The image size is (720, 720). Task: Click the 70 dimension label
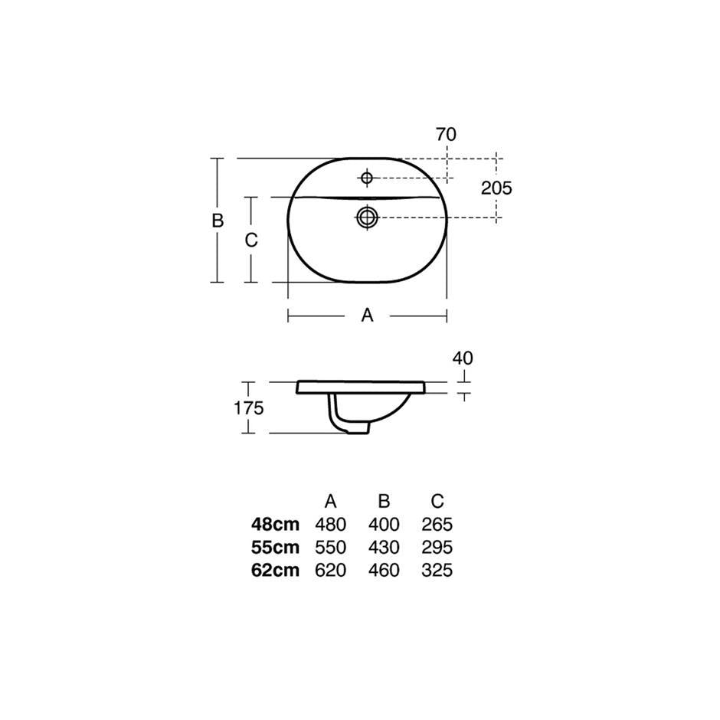point(446,134)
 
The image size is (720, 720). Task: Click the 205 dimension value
point(496,188)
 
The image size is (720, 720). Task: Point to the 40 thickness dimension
point(463,358)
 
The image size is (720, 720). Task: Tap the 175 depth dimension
point(249,407)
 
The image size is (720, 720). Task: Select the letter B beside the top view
point(218,221)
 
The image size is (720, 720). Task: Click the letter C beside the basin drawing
point(251,241)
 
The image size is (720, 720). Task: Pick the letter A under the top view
point(368,316)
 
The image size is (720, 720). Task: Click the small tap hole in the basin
point(366,177)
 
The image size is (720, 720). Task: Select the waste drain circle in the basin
point(367,217)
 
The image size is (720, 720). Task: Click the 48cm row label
point(275,524)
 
